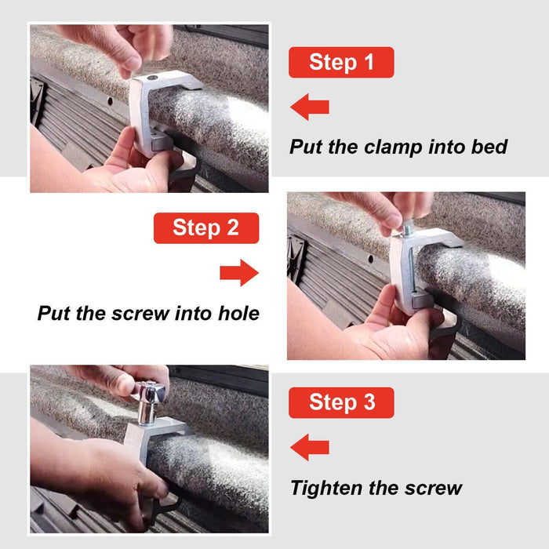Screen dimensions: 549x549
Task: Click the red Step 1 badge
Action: click(341, 62)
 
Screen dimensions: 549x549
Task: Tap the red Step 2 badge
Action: click(206, 228)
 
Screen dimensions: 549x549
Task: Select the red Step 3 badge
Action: click(341, 402)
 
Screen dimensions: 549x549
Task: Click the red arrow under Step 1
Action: click(310, 107)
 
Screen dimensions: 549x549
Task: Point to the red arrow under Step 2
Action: click(239, 273)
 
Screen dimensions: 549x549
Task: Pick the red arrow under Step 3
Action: click(310, 448)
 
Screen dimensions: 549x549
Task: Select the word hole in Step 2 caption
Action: click(238, 313)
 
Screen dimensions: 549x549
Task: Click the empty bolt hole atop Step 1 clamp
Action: click(152, 78)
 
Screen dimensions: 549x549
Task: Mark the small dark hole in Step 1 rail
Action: click(110, 101)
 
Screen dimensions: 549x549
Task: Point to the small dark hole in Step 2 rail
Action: click(370, 259)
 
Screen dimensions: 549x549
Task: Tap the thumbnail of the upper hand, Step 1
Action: click(132, 64)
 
